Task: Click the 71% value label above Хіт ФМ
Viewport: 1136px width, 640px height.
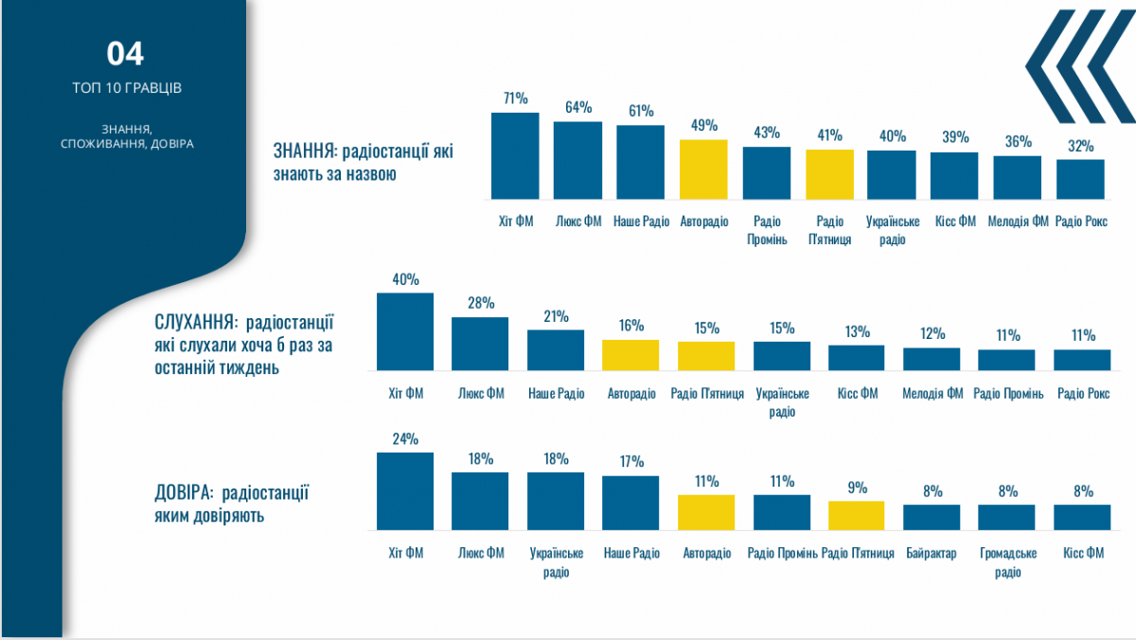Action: point(515,98)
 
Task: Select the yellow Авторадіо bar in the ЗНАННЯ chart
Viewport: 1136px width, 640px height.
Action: point(703,169)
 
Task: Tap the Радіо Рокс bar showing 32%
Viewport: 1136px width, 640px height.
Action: point(1080,179)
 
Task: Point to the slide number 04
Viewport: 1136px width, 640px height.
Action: point(125,54)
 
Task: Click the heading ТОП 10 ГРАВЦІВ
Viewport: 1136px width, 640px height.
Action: point(127,88)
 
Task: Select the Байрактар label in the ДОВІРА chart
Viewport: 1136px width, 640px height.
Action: point(932,553)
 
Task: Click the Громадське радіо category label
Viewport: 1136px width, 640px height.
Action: point(1007,562)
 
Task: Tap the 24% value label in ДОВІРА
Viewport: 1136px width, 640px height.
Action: point(405,439)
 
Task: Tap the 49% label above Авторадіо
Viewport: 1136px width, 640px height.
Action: point(703,126)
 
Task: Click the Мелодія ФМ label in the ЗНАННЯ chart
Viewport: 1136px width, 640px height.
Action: point(1018,222)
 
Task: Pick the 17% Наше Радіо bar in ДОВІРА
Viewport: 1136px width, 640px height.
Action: point(630,502)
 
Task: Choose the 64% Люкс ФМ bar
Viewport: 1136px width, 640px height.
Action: point(577,160)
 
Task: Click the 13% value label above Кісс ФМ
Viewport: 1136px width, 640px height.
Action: point(857,331)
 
